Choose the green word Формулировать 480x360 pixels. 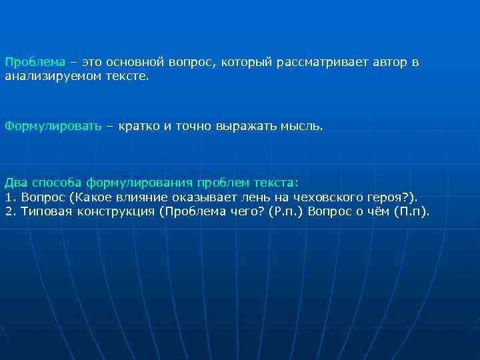click(x=53, y=125)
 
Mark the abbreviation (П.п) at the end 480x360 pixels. click(x=411, y=212)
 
